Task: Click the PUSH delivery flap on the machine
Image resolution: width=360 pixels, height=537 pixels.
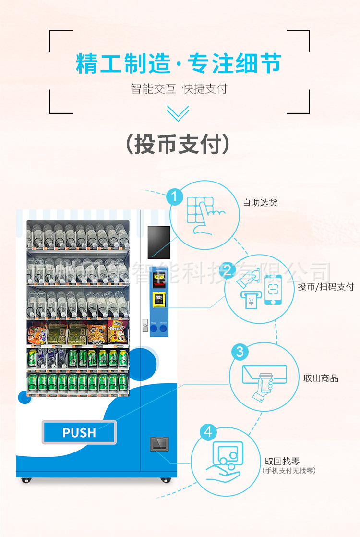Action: [x=79, y=432]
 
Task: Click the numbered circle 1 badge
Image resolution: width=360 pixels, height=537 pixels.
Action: [x=175, y=196]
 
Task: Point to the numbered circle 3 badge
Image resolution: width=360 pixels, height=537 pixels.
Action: [x=240, y=352]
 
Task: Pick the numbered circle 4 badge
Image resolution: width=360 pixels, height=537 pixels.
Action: [x=207, y=432]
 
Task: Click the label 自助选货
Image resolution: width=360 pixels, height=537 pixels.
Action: [x=260, y=202]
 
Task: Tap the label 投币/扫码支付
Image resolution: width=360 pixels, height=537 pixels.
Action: [x=326, y=287]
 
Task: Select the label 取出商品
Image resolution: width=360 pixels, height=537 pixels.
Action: [x=321, y=378]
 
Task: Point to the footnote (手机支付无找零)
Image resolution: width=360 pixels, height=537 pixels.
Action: [x=289, y=471]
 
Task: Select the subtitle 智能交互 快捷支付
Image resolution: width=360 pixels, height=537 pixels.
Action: [x=179, y=89]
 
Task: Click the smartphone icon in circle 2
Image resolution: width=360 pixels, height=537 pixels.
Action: [x=272, y=289]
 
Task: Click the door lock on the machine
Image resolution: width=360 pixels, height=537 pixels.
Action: [x=144, y=326]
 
